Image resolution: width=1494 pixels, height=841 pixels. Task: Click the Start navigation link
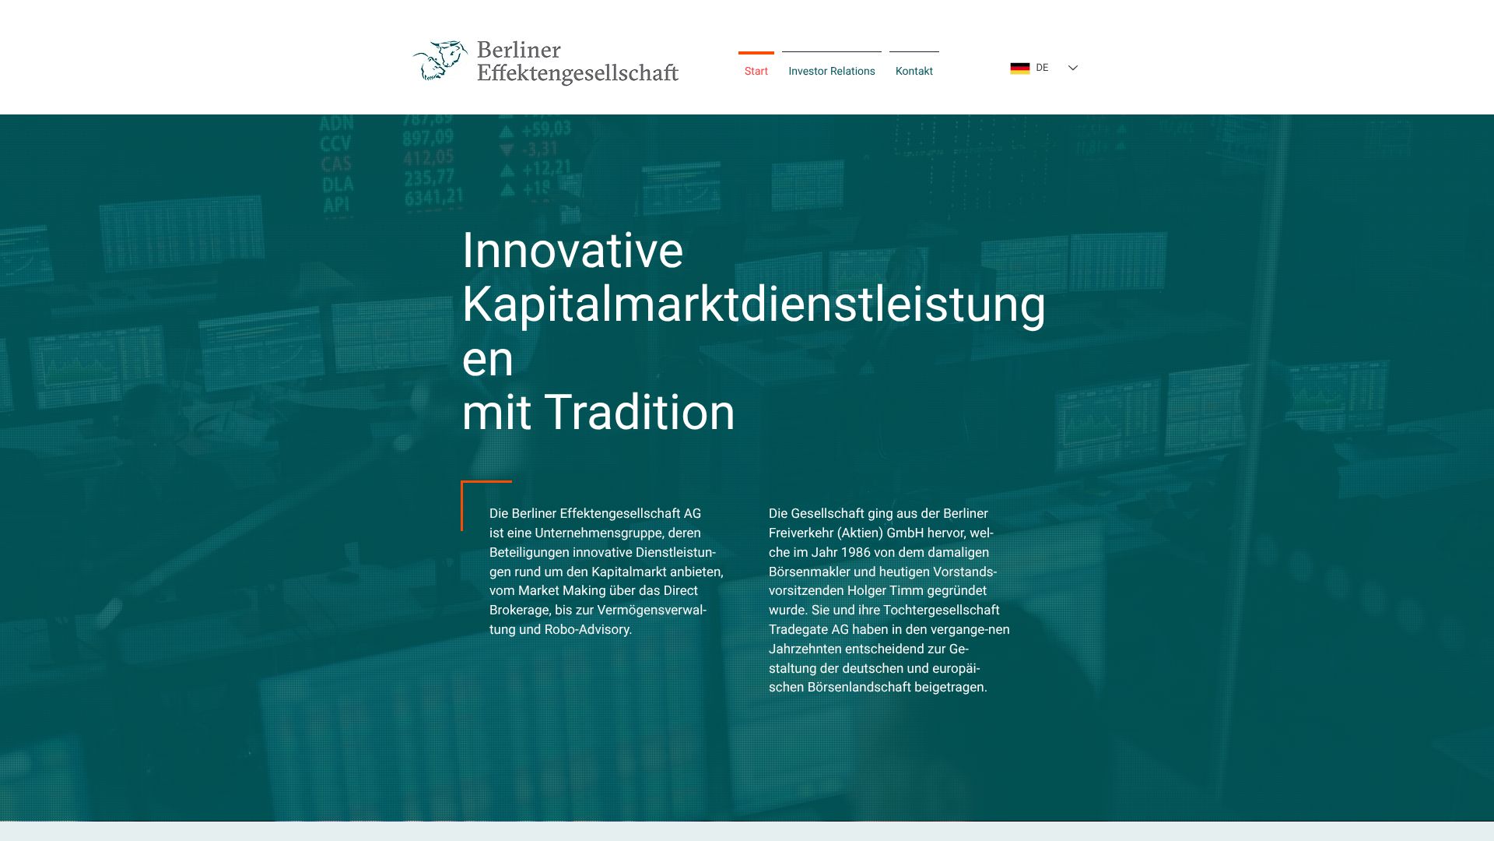point(756,71)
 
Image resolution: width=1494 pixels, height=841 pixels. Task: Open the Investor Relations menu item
point(831,71)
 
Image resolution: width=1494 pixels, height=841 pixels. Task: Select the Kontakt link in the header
point(914,71)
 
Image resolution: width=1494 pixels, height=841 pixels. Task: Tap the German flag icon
point(1019,68)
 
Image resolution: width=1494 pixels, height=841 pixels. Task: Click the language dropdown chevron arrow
point(1072,68)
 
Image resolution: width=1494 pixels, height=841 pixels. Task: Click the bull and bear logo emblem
point(440,61)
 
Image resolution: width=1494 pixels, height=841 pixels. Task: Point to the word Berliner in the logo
point(518,50)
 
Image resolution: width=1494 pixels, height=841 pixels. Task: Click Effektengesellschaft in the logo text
point(577,73)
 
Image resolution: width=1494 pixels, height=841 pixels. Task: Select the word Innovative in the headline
point(573,251)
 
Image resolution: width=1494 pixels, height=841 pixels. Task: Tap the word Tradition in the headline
point(640,413)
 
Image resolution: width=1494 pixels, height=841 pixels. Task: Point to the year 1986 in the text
point(856,552)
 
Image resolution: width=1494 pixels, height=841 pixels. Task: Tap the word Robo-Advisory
point(587,629)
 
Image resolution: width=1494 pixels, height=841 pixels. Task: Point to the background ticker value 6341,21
point(433,198)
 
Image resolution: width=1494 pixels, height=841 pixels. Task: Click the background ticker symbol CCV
point(336,144)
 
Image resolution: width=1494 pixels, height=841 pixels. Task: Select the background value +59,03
point(545,128)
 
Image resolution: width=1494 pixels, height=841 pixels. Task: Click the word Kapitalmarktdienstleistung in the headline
point(754,305)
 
